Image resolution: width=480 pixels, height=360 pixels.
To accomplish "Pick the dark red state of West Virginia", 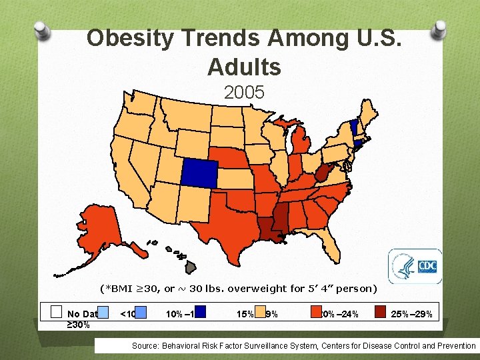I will [x=323, y=175].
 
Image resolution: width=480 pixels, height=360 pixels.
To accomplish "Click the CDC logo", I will [x=414, y=267].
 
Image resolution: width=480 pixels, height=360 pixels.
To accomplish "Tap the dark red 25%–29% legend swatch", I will [x=379, y=313].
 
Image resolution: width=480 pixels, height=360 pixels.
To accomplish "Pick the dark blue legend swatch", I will [x=200, y=313].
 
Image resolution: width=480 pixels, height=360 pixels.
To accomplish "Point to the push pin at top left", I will [x=43, y=30].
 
